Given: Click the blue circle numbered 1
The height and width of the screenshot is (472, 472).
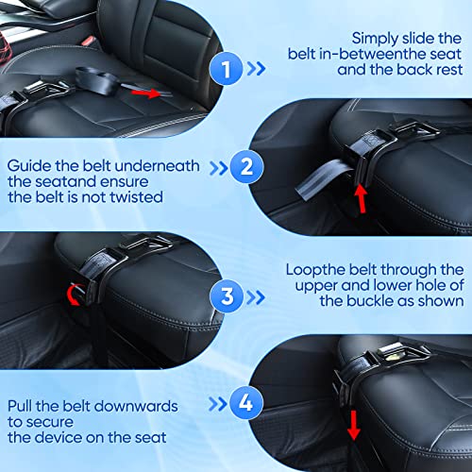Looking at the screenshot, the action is coord(226,69).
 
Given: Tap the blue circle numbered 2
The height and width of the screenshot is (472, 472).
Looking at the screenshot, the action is coord(246,167).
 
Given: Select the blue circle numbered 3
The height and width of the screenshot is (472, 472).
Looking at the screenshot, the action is coord(227,295).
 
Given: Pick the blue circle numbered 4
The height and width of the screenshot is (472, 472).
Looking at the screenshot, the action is coord(246,403).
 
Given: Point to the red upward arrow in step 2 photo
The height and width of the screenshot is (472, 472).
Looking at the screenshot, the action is coord(361,199).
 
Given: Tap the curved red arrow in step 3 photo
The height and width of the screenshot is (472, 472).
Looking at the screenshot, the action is coord(72,295).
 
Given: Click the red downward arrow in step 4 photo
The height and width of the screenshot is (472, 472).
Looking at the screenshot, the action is coord(354,425).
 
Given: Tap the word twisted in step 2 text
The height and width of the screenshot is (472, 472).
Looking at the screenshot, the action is coord(136,197).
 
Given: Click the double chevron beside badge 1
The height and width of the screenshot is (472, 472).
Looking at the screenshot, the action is coord(256,69).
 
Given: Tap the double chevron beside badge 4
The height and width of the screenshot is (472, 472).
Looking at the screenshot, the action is coord(218,404).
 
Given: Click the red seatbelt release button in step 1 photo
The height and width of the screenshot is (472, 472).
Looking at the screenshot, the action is coord(88,41).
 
